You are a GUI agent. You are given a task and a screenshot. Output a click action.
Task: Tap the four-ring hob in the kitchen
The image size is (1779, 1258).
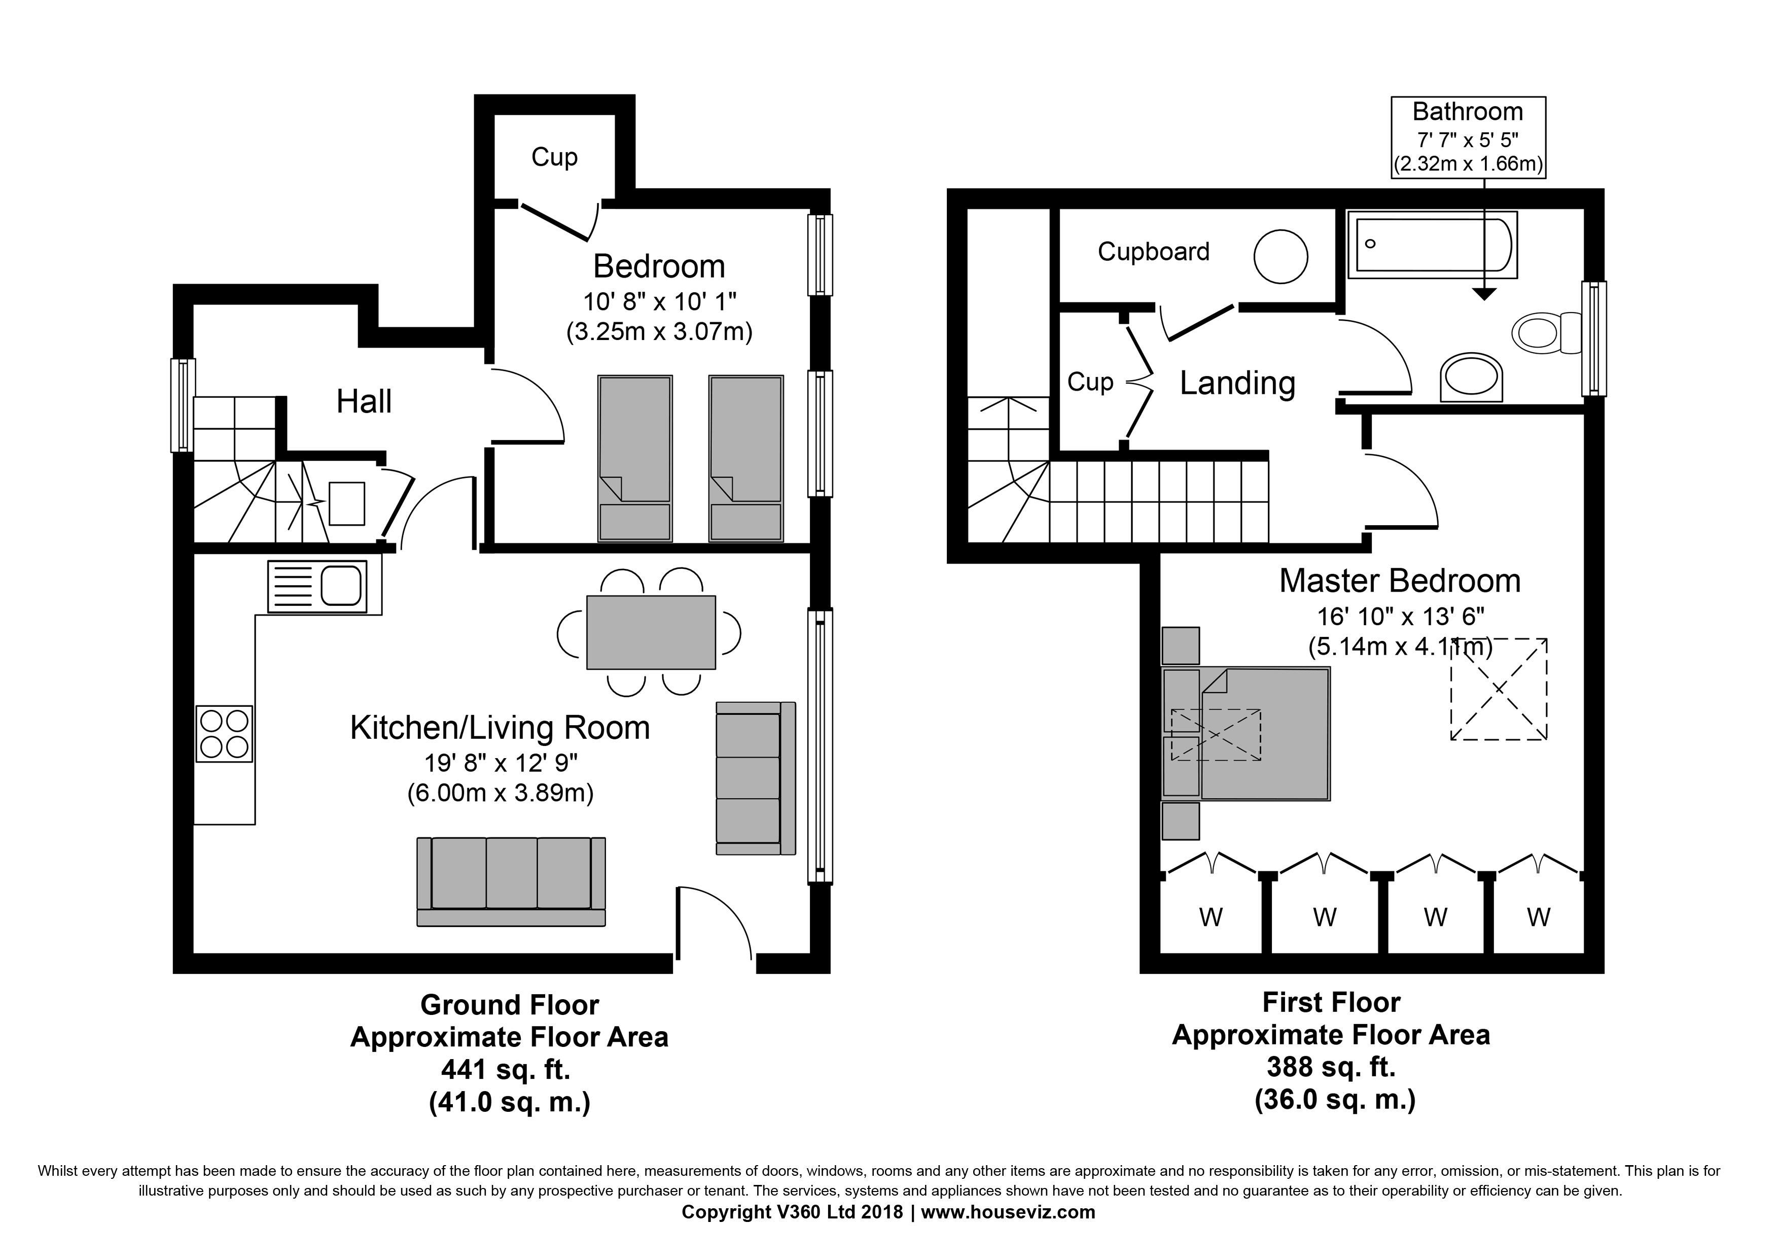coord(224,733)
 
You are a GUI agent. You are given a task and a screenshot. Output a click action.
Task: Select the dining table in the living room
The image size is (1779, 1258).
coord(650,632)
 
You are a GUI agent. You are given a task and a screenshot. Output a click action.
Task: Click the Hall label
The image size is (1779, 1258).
coord(364,401)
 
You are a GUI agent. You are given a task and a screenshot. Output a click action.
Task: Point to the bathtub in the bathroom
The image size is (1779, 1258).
coord(1432,244)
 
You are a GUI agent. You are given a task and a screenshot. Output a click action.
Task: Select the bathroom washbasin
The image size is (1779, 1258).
coord(1471,378)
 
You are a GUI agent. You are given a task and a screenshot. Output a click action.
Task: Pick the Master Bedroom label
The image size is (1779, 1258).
coord(1399,581)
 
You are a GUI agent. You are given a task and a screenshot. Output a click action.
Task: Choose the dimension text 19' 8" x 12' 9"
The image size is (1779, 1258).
coord(501,764)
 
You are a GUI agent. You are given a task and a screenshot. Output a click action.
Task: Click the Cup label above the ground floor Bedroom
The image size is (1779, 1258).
coord(554,157)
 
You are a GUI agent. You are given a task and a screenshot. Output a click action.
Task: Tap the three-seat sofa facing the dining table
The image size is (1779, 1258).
coord(511,881)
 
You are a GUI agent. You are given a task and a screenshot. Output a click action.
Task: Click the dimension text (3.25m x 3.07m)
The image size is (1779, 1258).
coord(659,332)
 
